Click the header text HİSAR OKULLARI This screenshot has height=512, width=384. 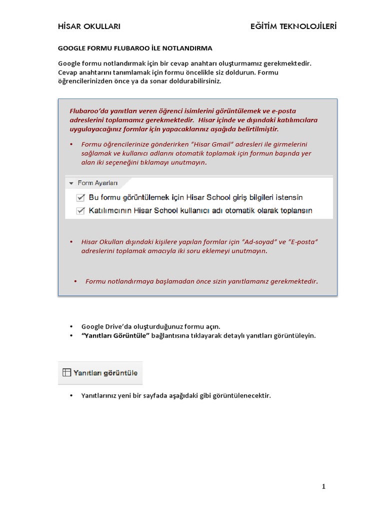point(89,26)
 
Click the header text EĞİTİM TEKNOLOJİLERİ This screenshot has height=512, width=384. point(293,26)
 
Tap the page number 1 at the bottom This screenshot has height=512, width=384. point(324,486)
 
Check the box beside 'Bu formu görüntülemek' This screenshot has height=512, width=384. point(80,197)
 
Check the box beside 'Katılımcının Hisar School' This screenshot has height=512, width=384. point(80,210)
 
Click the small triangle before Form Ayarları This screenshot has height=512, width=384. point(71,183)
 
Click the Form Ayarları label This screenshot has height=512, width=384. point(94,183)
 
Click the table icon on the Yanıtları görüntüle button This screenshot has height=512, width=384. point(66,372)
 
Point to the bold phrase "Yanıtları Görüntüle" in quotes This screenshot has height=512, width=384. point(115,336)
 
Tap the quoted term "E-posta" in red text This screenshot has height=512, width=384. point(303,242)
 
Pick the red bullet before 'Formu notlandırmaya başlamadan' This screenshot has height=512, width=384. point(75,281)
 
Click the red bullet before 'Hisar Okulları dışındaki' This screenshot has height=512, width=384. point(71,242)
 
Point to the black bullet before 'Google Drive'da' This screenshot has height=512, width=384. point(71,326)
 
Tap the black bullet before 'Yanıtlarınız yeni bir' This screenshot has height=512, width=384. point(71,395)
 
